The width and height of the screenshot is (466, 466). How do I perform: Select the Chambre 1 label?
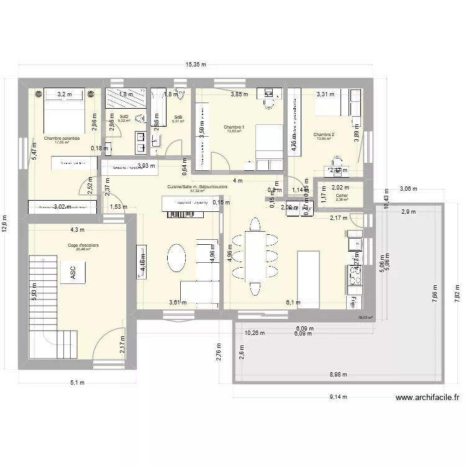tap(234, 127)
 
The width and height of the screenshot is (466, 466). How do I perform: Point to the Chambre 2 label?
tap(324, 134)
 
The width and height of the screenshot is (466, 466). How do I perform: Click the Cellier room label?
tap(342, 195)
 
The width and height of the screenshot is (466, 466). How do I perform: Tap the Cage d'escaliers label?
tap(83, 245)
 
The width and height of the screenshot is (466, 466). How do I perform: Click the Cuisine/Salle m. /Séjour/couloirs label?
tap(197, 186)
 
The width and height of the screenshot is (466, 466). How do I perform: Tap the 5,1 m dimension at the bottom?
tap(78, 382)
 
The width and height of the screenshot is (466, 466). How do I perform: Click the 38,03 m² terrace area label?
tap(365, 317)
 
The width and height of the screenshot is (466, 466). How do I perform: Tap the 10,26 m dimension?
tap(254, 332)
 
